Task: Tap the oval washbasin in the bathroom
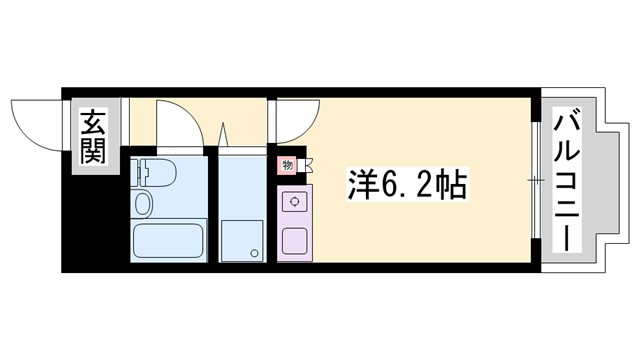(143, 205)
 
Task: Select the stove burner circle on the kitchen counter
(296, 201)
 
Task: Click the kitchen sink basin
(296, 240)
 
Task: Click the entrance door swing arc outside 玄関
(36, 120)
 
